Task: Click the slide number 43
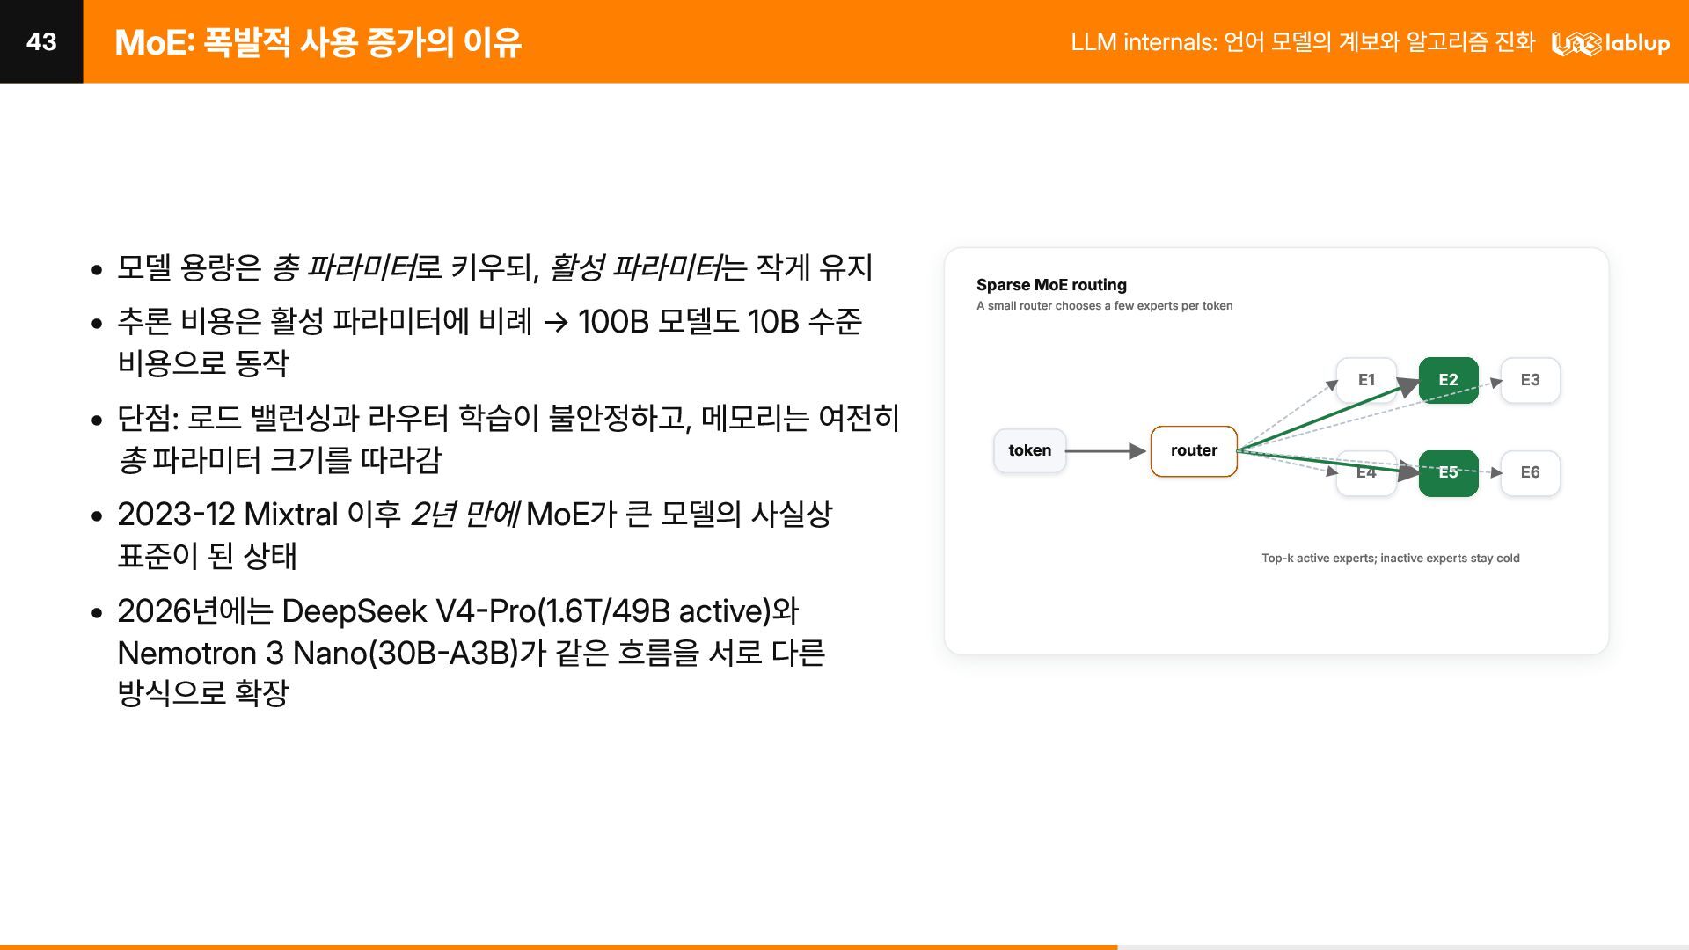[41, 41]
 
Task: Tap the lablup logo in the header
[1610, 42]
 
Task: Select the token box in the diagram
[1029, 450]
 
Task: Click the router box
[1194, 451]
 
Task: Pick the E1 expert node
[1366, 380]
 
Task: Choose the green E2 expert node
[1449, 380]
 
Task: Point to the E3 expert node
[1531, 380]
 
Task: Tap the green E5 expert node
[1449, 473]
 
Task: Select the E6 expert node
[1531, 473]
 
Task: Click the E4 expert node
[1366, 473]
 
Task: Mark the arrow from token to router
[1106, 451]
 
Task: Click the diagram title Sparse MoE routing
[1051, 285]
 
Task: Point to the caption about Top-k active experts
[1391, 558]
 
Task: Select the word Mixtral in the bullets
[291, 514]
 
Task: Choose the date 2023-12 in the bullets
[176, 514]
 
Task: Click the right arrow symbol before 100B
[556, 323]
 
